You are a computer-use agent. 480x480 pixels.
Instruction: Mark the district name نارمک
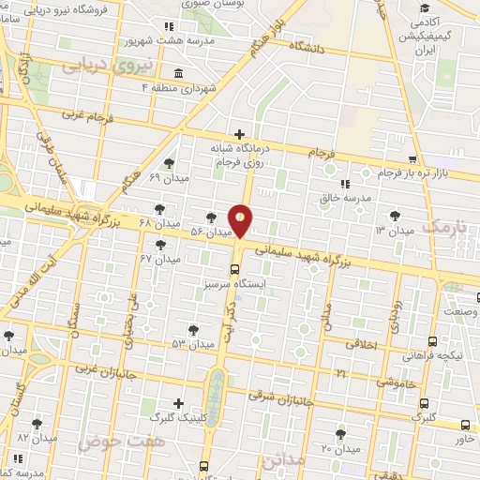click(442, 227)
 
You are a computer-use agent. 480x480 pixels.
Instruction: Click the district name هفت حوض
click(109, 440)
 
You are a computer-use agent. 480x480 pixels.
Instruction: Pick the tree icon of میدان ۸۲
click(37, 424)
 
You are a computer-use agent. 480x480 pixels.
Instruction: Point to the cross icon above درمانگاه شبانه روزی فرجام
click(240, 134)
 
